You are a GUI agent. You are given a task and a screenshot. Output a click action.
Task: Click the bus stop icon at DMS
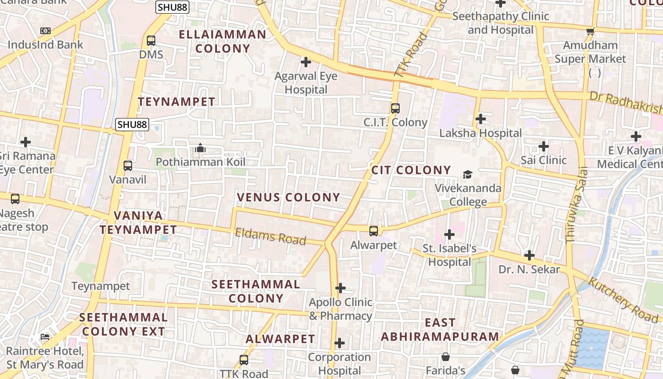click(151, 41)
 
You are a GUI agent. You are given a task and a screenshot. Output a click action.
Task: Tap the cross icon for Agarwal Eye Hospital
click(306, 62)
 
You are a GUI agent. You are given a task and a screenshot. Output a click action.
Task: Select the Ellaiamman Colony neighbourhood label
click(223, 41)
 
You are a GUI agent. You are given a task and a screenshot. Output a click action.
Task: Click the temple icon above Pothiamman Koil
click(200, 148)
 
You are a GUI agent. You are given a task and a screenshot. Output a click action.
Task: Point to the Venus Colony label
click(288, 197)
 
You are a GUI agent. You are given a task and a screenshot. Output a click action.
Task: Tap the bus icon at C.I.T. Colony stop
click(395, 108)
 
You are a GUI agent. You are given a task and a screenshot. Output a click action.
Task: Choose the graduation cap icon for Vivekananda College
click(467, 174)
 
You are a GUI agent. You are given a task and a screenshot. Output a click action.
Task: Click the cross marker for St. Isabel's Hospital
click(449, 234)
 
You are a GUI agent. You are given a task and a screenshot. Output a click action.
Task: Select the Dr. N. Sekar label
click(529, 270)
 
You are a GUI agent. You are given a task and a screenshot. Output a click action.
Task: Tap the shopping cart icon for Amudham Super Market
click(590, 32)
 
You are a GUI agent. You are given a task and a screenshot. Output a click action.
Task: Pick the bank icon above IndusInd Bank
click(45, 31)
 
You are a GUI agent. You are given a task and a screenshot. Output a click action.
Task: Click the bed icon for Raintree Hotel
click(45, 337)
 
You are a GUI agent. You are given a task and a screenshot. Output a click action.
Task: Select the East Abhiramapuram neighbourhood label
click(440, 330)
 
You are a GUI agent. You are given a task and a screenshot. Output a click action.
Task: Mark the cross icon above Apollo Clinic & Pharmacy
click(340, 288)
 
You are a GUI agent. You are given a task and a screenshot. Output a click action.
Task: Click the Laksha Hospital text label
click(480, 133)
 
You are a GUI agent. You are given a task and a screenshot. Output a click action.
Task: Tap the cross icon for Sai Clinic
click(543, 146)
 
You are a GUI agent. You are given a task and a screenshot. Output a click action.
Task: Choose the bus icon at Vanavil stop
click(128, 166)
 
